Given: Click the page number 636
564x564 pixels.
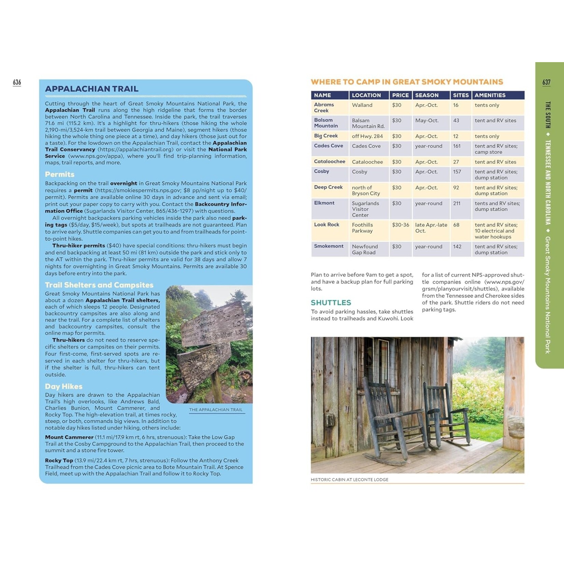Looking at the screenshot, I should coord(17,82).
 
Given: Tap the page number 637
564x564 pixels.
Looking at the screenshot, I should coord(546,82).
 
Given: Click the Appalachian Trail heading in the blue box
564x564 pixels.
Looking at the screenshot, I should coord(91,89).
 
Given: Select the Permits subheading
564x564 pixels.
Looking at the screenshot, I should coord(60,174).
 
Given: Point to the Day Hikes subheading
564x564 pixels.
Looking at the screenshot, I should coord(64,386).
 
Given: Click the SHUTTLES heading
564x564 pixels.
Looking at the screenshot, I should coord(330,302).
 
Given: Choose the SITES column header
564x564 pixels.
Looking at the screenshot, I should coord(460,95).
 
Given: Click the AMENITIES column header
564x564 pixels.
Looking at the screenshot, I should coord(490,95).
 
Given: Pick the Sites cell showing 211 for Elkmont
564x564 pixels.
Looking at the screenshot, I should coord(457,203).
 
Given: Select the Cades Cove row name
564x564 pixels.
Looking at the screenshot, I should coord(328,146).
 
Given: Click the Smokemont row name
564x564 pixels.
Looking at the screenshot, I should coord(329,246).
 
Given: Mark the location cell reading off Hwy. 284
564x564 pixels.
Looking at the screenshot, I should coord(367,136).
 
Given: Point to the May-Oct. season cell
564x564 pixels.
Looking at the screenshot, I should coord(427,121).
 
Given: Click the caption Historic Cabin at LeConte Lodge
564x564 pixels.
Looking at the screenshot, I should coord(349,480).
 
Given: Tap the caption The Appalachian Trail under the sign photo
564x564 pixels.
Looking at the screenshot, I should coord(216,410).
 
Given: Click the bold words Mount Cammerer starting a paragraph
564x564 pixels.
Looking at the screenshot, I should coord(69,437).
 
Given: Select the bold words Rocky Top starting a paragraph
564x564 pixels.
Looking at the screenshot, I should coord(59,461).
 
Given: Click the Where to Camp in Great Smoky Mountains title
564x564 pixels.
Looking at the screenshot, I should coord(407,82).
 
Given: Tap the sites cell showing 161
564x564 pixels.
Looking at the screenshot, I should coord(457,146).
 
